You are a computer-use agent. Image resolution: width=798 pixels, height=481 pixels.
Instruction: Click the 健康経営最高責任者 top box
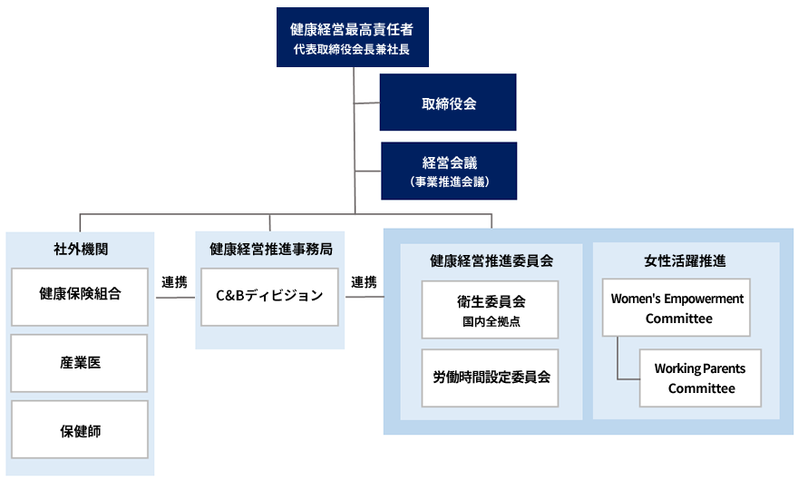point(352,36)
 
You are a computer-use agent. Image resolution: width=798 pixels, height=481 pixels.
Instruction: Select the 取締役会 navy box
point(448,103)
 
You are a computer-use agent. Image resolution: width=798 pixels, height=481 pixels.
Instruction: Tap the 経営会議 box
point(449,171)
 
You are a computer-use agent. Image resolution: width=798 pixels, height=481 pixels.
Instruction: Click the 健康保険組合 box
point(80,296)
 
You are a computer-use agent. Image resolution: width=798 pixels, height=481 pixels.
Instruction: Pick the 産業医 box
point(80,362)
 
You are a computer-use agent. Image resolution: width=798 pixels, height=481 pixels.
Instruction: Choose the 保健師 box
point(80,429)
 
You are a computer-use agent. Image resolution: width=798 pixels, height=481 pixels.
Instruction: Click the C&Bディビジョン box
point(269,296)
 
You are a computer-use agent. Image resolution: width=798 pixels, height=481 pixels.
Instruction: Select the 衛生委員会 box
point(491,309)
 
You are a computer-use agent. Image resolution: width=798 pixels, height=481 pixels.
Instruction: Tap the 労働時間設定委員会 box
point(491,377)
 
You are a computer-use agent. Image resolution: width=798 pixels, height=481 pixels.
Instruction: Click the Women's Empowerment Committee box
point(676,309)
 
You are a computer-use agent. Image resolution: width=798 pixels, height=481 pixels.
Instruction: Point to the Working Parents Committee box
point(700,378)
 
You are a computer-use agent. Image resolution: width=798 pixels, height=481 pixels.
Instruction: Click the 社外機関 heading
point(80,249)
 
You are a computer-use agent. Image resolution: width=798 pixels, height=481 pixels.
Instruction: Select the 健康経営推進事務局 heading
point(269,249)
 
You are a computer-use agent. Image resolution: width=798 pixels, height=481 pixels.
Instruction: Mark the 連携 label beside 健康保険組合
point(174,282)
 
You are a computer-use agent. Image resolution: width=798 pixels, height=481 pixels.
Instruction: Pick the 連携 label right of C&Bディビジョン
point(364,282)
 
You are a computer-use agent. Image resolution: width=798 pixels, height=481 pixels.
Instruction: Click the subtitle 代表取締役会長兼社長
point(352,50)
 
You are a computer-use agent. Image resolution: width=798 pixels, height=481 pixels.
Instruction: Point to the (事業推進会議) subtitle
point(449,182)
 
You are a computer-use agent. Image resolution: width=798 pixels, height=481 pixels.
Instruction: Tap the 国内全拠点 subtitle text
point(491,321)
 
